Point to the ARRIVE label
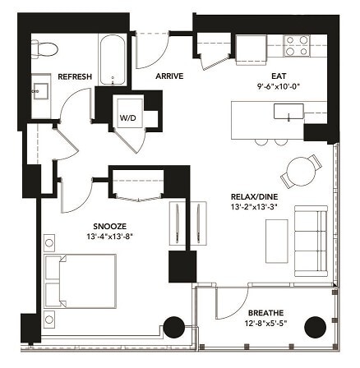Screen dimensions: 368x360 click(168, 76)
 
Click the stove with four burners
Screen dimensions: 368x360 click(297, 45)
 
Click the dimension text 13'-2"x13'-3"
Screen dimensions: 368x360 click(254, 208)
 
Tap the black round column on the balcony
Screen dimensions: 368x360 click(316, 327)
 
